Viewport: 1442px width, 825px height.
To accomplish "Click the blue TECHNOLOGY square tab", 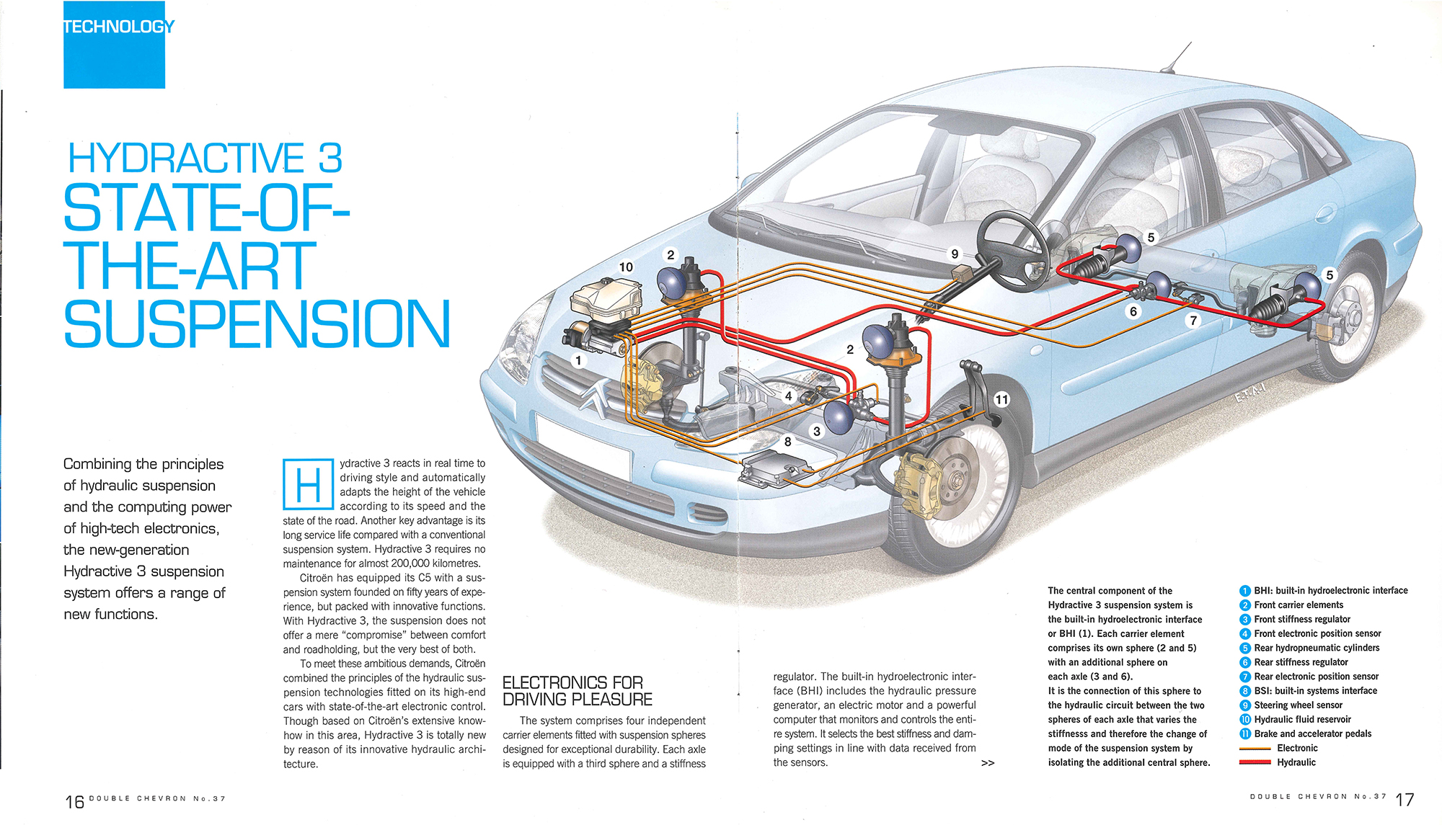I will [114, 45].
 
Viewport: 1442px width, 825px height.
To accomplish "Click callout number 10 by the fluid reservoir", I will [626, 267].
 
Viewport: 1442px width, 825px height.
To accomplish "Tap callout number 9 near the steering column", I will [955, 254].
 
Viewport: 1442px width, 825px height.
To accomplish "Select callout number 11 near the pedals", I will [1001, 399].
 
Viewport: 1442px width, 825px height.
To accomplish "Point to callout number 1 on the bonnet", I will [578, 360].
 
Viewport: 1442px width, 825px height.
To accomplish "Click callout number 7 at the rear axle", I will [1193, 320].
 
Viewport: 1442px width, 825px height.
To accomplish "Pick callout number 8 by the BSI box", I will [787, 442].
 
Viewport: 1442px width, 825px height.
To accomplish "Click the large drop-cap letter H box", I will [308, 484].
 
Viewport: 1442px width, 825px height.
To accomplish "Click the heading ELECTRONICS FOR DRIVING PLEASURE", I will [577, 691].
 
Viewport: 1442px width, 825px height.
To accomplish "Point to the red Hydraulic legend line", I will [1255, 762].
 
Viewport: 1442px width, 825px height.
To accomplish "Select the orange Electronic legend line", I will [1255, 749].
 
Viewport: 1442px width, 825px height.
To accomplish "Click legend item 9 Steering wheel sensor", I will [1298, 705].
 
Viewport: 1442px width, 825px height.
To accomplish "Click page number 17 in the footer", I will [1405, 800].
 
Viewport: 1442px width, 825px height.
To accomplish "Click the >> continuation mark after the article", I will [988, 763].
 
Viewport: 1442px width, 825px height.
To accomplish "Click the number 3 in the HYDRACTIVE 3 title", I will [330, 158].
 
